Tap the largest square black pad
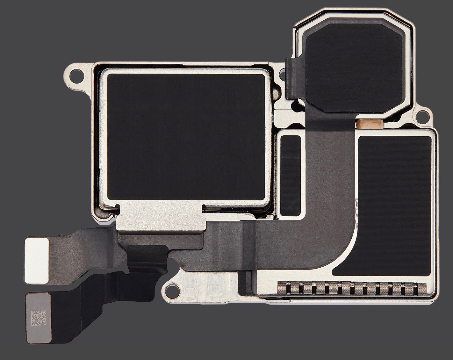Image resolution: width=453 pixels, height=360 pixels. click(x=186, y=139)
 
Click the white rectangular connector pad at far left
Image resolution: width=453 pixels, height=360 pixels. click(x=37, y=260)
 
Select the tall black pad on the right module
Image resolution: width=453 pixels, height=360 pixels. click(x=393, y=204)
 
